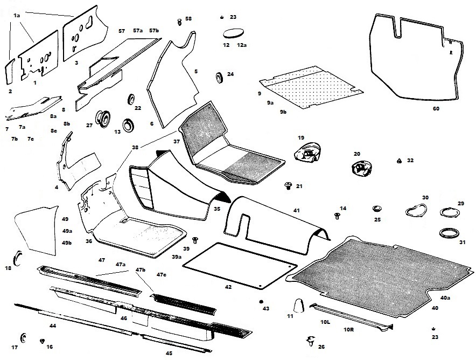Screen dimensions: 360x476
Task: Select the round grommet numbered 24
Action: pos(220,77)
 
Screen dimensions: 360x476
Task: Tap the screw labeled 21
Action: pos(288,186)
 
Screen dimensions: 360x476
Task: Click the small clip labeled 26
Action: pos(310,341)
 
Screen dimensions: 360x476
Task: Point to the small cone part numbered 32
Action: pos(398,161)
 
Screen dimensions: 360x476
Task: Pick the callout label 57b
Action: pos(154,31)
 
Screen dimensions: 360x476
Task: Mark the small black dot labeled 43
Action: pos(261,301)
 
